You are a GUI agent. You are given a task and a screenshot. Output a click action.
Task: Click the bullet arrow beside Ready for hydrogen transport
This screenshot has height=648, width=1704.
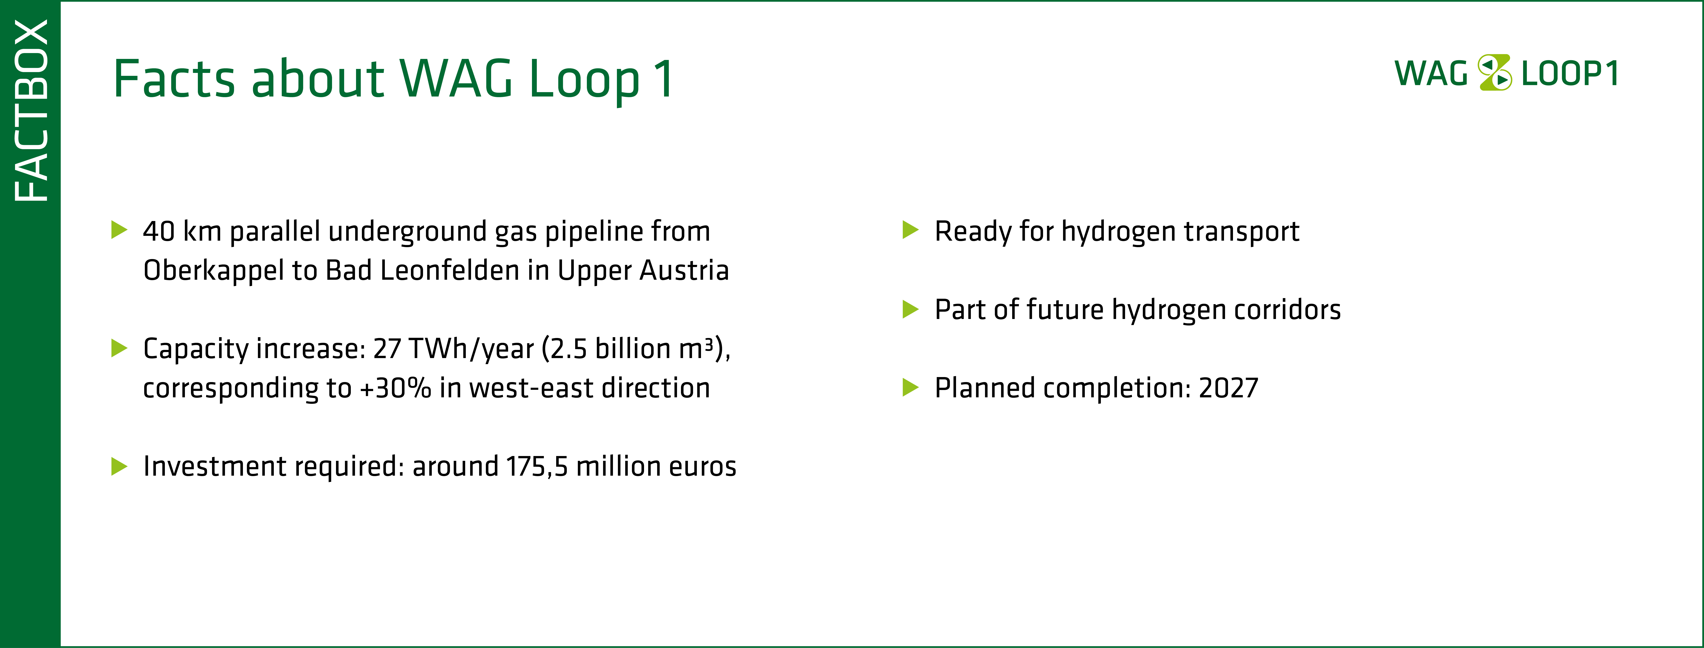tap(911, 230)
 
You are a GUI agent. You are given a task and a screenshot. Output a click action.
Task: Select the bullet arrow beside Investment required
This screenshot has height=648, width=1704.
tap(119, 466)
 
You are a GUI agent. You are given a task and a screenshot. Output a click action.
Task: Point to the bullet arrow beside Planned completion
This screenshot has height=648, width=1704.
tap(911, 387)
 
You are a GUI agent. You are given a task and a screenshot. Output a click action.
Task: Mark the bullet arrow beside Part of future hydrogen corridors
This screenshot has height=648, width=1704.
tap(911, 309)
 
